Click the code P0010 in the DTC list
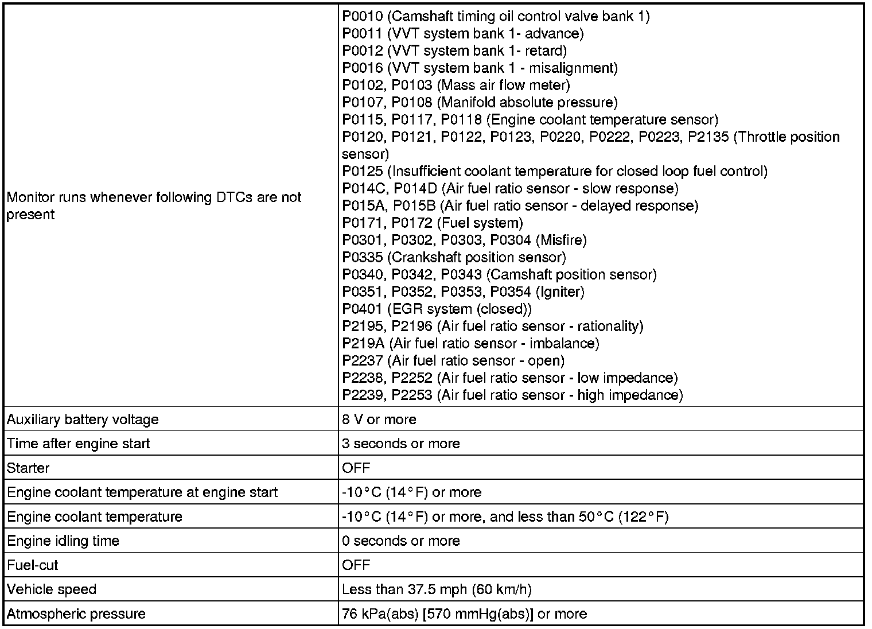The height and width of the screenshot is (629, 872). [362, 17]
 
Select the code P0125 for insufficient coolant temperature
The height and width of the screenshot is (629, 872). [362, 172]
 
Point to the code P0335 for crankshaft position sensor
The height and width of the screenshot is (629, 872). [362, 258]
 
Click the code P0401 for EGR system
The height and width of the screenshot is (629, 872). [362, 309]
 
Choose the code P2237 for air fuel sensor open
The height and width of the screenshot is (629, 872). [362, 361]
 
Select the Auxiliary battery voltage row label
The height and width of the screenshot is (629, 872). [83, 420]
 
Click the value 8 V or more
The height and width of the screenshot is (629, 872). [379, 420]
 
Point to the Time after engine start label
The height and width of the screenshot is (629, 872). [78, 444]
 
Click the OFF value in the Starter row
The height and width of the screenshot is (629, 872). [356, 468]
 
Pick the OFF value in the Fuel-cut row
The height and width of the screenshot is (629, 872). [356, 565]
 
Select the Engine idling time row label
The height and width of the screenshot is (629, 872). [63, 541]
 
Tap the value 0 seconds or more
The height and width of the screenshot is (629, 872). [400, 541]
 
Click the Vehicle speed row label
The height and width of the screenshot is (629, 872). [52, 589]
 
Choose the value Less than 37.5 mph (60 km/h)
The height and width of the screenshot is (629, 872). [437, 589]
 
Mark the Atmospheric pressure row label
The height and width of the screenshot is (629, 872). [76, 614]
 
